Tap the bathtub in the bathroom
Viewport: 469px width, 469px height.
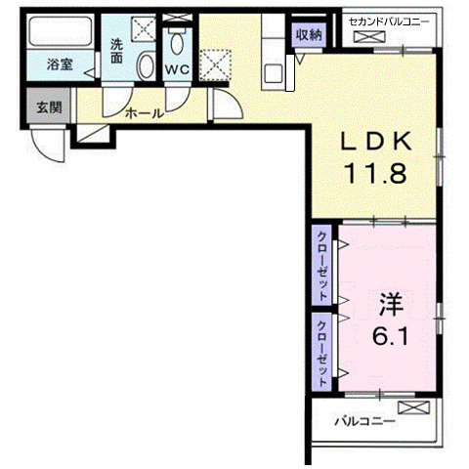(x=58, y=35)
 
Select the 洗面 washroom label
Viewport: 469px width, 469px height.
(x=116, y=51)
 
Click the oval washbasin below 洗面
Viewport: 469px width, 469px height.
(x=144, y=67)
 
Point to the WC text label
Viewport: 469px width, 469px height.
(x=177, y=69)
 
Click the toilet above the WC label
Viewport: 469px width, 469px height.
(x=177, y=43)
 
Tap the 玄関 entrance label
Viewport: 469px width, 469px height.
(x=49, y=107)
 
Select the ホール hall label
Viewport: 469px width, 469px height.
(x=144, y=113)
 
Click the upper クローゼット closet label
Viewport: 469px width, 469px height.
(x=321, y=264)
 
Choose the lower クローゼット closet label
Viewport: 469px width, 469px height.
(x=321, y=349)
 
